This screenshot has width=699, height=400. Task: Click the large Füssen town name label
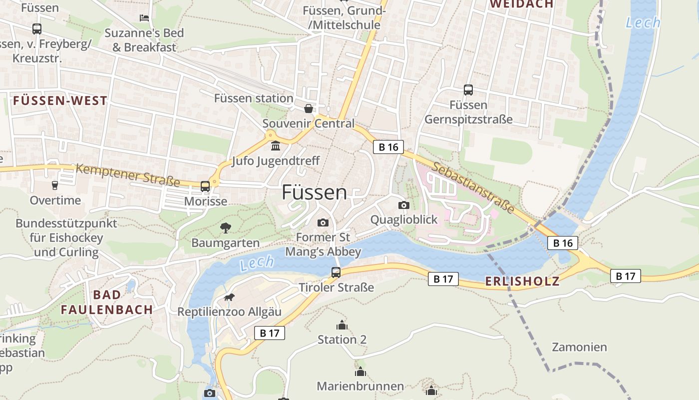click(x=314, y=192)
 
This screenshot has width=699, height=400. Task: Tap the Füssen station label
click(x=254, y=98)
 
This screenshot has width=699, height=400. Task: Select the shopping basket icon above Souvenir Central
click(x=309, y=108)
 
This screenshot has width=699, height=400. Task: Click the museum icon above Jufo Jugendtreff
click(x=275, y=146)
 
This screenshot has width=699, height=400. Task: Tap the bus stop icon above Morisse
click(x=205, y=186)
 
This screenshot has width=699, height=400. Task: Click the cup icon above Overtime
click(x=55, y=185)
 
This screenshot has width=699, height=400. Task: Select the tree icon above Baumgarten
click(x=226, y=228)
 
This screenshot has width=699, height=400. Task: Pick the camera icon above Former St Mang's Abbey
click(x=323, y=222)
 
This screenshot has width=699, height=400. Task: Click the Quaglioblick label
click(x=403, y=219)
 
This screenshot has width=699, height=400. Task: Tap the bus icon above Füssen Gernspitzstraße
click(x=468, y=90)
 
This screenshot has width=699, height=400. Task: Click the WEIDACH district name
click(x=521, y=4)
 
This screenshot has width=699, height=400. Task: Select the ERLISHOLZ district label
click(x=522, y=281)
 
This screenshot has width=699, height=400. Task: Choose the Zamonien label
click(x=579, y=347)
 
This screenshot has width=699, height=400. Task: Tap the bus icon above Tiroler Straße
click(x=336, y=272)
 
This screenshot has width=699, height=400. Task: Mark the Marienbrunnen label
click(x=360, y=386)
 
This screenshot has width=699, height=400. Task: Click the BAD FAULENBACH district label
click(x=107, y=302)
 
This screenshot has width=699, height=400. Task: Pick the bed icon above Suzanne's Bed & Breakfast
click(x=144, y=18)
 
